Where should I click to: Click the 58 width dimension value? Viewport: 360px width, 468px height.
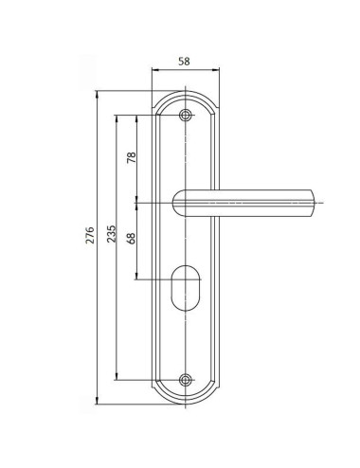(x=184, y=62)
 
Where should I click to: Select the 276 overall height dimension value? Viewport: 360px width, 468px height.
(x=90, y=235)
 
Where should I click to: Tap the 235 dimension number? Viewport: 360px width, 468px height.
(x=111, y=234)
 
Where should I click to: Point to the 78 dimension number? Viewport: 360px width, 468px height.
(x=131, y=157)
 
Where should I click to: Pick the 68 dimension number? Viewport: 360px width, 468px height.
(x=131, y=239)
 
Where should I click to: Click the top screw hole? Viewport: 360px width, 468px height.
(x=186, y=116)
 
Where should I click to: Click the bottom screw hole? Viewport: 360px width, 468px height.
(x=186, y=380)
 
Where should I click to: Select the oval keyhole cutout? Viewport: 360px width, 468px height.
(x=186, y=288)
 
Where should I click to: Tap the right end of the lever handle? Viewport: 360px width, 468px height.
(x=314, y=203)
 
